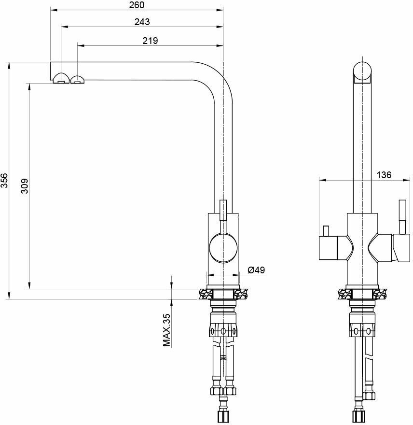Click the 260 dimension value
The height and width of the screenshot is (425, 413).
point(137,5)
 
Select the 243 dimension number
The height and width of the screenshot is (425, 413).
point(142,22)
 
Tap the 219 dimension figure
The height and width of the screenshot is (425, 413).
point(151,41)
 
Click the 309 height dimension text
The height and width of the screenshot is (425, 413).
point(25,186)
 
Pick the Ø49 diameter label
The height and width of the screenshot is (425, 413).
point(256,270)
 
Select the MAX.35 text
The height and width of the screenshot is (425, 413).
point(167,330)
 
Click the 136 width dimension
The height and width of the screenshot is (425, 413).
point(383,175)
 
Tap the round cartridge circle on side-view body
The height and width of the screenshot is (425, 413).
point(223,247)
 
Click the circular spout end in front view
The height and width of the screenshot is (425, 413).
point(362,71)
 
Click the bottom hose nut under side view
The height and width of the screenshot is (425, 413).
point(223,415)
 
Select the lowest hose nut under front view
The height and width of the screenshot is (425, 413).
point(358,415)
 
